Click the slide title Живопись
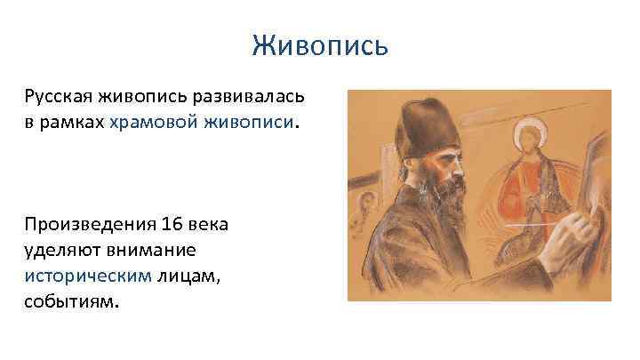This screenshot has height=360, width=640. [x=319, y=44]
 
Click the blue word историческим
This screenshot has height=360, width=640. [x=88, y=276]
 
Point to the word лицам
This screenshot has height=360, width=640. [x=188, y=276]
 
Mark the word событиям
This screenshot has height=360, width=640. [x=70, y=302]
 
